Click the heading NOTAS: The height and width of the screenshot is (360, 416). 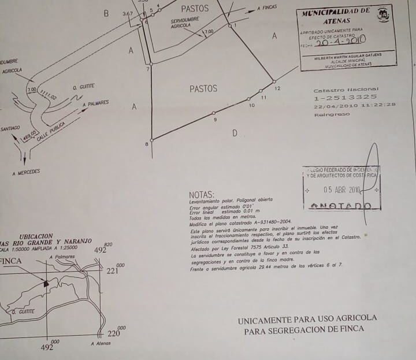[202, 195]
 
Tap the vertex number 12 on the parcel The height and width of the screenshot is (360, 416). [277, 88]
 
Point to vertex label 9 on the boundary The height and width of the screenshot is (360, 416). [215, 119]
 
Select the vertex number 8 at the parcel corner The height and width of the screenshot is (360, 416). [146, 144]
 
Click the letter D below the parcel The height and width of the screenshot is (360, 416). [235, 133]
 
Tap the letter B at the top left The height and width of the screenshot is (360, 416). [106, 13]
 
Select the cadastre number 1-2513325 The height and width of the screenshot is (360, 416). [345, 97]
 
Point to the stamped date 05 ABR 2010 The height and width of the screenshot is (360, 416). [342, 190]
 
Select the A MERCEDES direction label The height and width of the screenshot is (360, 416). [26, 172]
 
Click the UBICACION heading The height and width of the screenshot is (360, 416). [36, 237]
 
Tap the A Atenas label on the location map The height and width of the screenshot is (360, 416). [101, 343]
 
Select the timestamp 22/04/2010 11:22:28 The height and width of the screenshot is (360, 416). [354, 105]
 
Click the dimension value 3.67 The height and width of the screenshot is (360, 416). [128, 13]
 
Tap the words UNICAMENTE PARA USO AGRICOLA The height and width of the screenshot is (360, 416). [307, 318]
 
